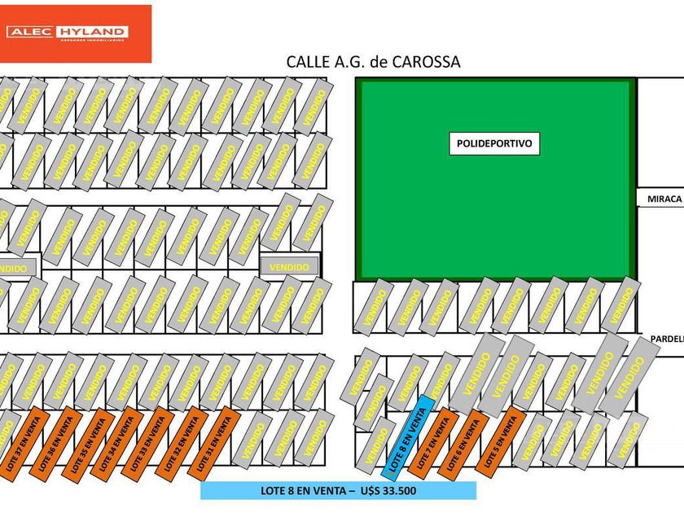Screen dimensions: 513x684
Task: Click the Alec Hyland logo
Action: click(75, 33)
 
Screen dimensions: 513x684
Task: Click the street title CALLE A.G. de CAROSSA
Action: click(373, 62)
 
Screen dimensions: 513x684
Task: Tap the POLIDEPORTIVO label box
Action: click(494, 144)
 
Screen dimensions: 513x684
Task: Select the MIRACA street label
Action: click(662, 199)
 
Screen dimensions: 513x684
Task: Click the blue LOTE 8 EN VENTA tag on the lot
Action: click(406, 437)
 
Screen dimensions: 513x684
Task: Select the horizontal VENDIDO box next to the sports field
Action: click(289, 266)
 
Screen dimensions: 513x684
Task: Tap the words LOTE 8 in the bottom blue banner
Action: click(278, 490)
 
